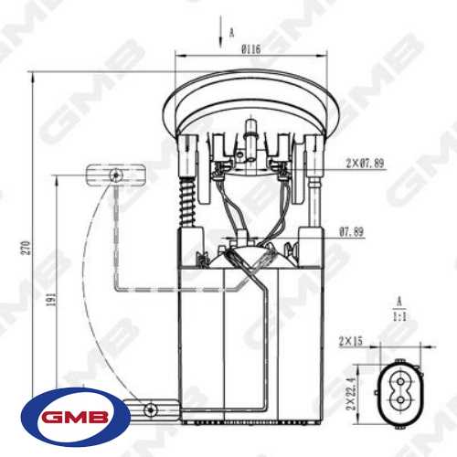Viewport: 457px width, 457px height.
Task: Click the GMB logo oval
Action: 75,420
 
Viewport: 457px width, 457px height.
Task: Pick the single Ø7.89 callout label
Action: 351,232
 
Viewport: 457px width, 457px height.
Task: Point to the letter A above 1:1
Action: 399,299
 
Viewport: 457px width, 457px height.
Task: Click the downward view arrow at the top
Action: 221,36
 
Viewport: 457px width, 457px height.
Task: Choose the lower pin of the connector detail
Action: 399,400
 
